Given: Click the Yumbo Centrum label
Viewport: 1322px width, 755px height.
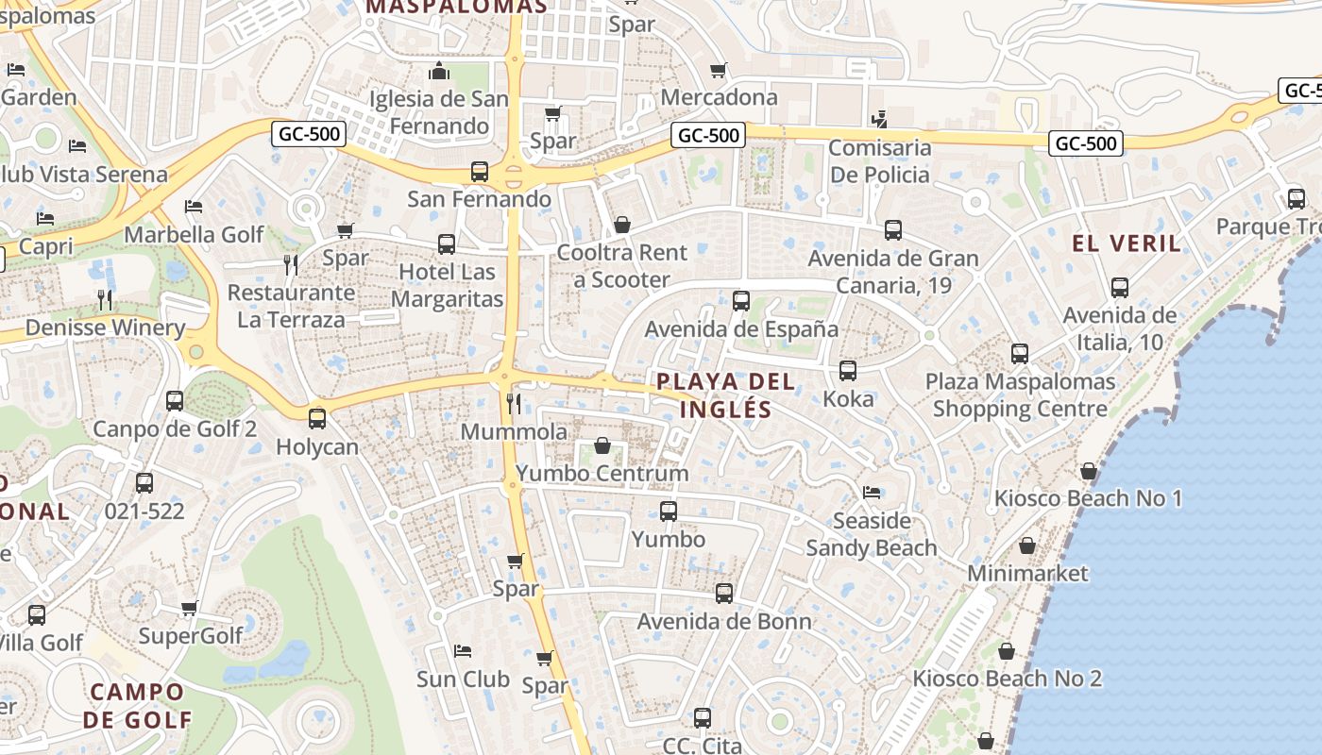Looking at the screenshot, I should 602,473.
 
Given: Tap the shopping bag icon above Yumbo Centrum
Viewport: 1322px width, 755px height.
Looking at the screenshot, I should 602,445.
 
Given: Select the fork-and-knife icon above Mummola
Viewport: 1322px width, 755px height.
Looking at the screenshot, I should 514,404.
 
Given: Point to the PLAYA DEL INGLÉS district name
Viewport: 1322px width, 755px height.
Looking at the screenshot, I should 725,395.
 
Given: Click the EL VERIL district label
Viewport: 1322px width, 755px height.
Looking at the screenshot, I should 1126,243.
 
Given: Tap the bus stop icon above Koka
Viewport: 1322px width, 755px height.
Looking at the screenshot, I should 848,371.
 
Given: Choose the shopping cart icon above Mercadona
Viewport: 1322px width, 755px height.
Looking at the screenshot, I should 719,70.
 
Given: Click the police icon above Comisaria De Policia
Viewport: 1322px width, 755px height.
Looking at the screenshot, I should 879,119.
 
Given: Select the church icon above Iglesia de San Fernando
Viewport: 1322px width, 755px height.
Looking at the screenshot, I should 439,71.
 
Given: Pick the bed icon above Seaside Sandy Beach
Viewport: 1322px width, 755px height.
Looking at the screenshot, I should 871,493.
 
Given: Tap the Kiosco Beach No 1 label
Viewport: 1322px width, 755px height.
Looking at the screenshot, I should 1088,497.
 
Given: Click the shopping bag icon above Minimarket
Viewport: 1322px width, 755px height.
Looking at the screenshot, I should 1027,545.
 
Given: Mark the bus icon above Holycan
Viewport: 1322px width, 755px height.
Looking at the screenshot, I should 317,418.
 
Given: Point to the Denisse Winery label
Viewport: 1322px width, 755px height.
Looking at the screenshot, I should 105,327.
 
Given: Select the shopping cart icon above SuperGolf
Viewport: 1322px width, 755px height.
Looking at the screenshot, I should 190,609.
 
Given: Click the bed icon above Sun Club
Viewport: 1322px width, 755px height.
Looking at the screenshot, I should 463,651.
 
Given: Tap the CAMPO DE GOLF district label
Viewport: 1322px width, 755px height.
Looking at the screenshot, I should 137,705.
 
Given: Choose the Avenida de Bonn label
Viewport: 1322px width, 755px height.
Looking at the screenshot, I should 723,621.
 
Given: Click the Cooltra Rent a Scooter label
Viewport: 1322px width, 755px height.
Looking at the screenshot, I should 622,266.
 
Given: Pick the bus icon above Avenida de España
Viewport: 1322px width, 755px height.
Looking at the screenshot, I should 741,301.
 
